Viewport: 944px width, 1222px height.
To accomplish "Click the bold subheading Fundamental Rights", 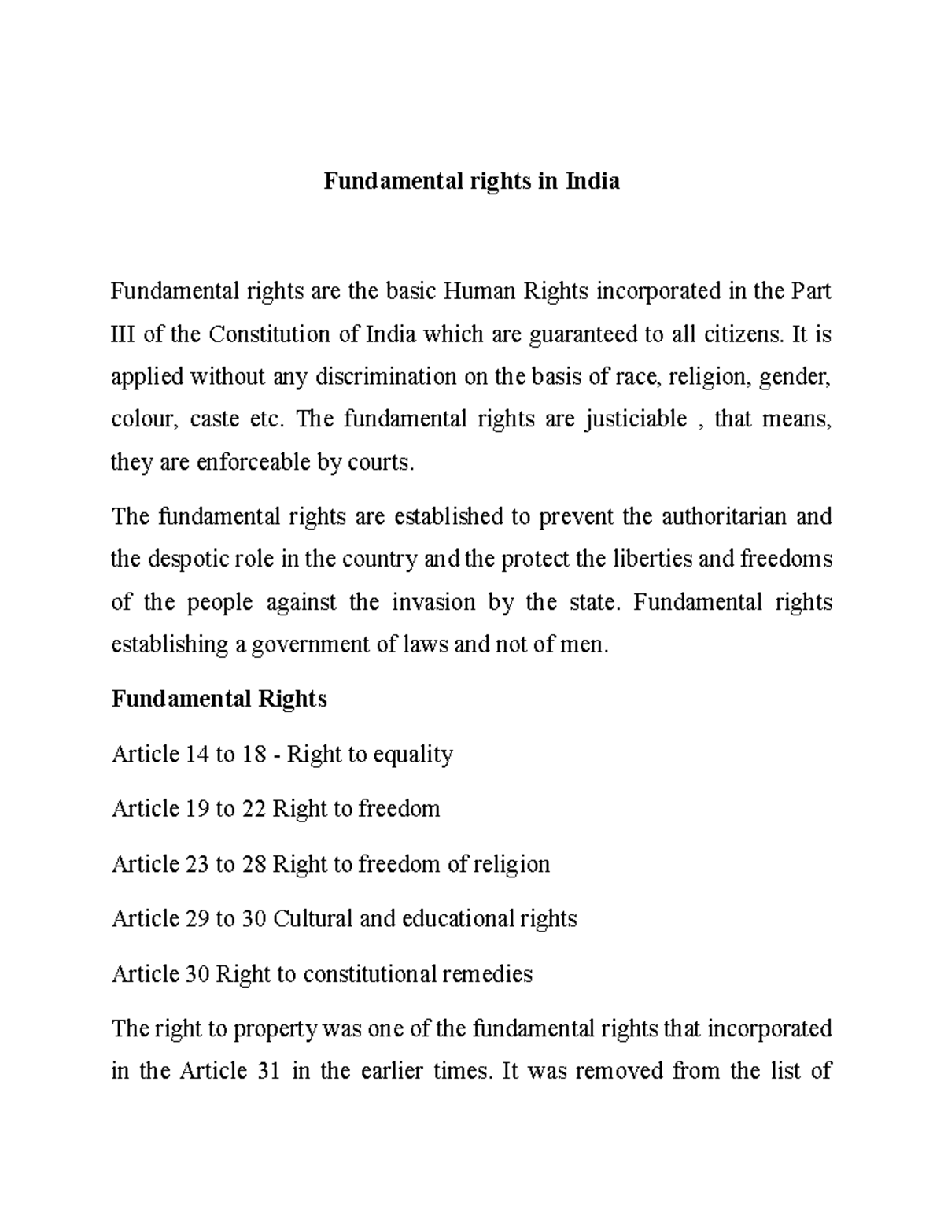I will (219, 699).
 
